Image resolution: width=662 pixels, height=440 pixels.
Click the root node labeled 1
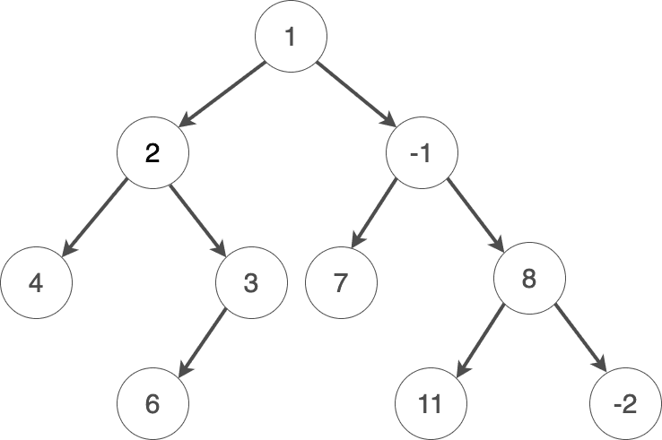point(290,37)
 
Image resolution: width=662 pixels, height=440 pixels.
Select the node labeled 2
point(152,153)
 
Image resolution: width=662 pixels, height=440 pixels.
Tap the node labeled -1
point(421,153)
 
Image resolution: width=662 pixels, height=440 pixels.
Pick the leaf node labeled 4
point(36,284)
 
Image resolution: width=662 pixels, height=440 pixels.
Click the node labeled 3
point(251,284)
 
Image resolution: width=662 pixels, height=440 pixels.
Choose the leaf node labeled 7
point(340,284)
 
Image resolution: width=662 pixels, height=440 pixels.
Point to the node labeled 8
point(529,279)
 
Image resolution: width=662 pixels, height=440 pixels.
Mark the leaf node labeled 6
point(152,404)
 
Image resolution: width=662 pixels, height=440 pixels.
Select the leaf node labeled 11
point(431,404)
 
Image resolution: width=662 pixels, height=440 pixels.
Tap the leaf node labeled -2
point(625,404)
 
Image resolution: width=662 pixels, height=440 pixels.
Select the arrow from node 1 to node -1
point(356,95)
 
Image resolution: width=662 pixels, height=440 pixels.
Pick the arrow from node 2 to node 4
point(94,219)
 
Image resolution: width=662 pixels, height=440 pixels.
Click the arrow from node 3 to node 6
point(204,343)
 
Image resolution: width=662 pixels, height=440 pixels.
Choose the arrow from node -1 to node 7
point(374,212)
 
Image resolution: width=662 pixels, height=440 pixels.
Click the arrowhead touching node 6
point(185,368)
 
